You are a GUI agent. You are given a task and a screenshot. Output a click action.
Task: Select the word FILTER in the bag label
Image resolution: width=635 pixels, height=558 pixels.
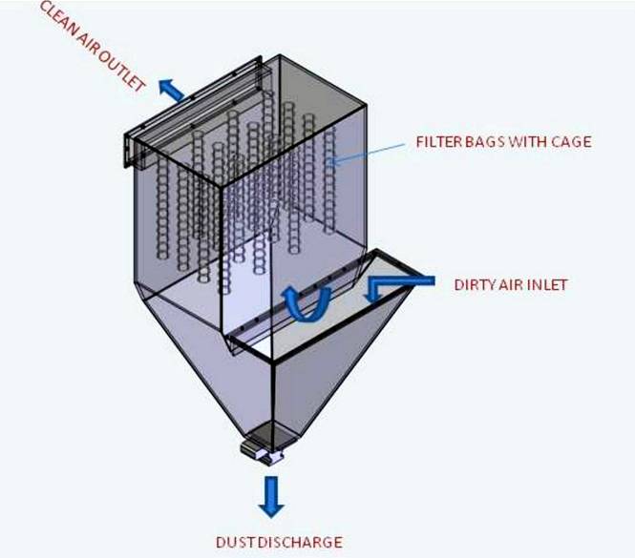pos(437,142)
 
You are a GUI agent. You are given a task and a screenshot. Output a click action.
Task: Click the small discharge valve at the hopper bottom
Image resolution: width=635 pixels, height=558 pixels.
pos(264,447)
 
